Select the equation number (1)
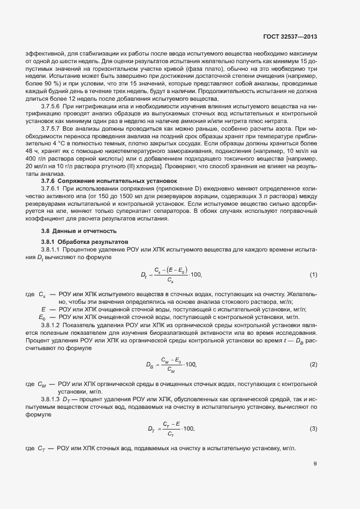click(x=313, y=274)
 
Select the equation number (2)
click(x=313, y=364)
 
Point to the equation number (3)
click(x=313, y=429)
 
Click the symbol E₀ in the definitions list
click(x=41, y=317)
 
